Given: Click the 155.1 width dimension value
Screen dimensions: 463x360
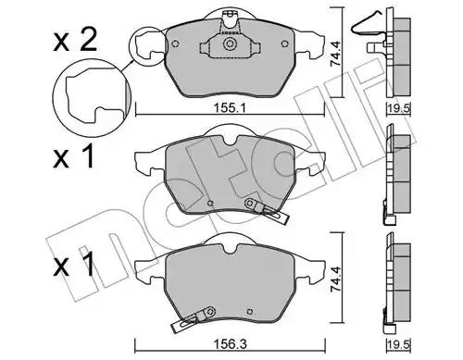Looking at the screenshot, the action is coord(230,108).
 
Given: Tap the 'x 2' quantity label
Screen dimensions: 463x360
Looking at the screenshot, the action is coord(75,40).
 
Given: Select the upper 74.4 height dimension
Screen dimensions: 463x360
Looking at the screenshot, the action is coord(334,54).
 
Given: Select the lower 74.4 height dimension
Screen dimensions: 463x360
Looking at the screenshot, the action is coord(335,279).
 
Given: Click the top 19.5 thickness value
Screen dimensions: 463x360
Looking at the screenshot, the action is coord(398,108).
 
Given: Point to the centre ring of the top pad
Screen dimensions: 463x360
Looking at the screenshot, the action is coord(230,43).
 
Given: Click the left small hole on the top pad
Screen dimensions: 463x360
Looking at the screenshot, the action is coord(175,43).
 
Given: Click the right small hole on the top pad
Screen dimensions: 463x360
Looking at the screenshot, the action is coord(284,43).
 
